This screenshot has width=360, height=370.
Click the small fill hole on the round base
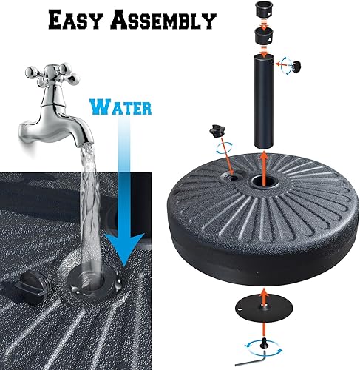pyautogui.click(x=231, y=178)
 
